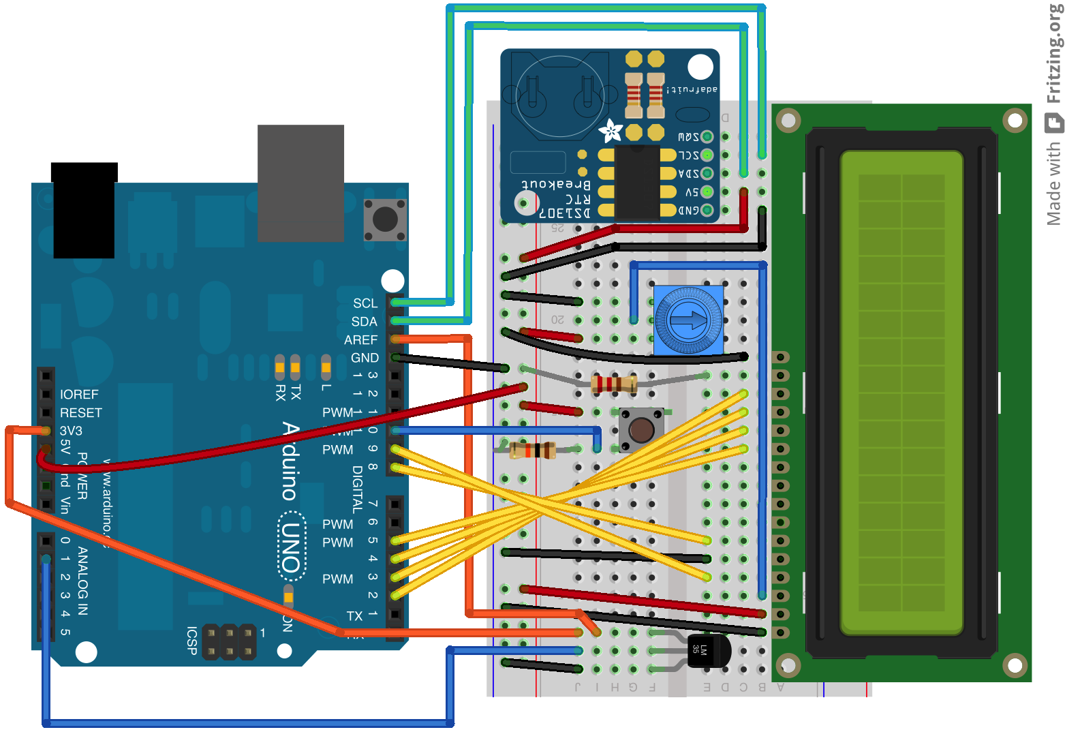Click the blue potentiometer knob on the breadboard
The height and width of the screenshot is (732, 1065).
coord(688,320)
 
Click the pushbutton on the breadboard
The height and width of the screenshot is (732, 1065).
coord(640,429)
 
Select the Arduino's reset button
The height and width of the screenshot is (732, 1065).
coord(385,219)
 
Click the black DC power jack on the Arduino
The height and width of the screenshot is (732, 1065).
coord(84,211)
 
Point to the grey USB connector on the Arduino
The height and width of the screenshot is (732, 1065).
coord(300,183)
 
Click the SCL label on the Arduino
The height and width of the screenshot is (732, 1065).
coord(365,303)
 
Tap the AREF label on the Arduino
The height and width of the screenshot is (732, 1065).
coord(360,339)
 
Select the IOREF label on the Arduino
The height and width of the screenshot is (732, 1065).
coord(79,395)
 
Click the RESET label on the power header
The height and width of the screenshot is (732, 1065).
coord(80,413)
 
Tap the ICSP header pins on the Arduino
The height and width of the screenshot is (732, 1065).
coord(229,642)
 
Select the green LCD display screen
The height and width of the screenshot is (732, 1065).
coord(901,393)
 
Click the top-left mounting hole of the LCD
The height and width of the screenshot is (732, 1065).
coord(788,121)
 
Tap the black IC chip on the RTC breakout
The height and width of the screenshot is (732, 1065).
coord(637,182)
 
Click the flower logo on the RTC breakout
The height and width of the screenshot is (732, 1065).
coord(611,130)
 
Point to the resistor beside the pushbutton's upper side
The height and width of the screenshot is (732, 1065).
coord(613,384)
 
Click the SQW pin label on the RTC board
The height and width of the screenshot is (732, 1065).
coord(688,137)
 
